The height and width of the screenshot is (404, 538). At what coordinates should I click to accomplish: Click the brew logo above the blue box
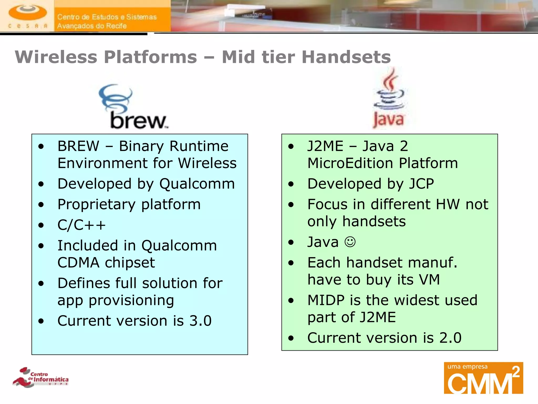click(x=133, y=107)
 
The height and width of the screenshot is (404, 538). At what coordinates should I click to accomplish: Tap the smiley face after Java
click(x=350, y=242)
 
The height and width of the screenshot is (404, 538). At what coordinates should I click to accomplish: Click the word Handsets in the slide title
click(x=346, y=57)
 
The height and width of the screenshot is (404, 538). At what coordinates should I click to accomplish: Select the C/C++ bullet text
click(x=81, y=225)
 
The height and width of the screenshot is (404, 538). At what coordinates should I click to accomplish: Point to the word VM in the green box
click(x=429, y=280)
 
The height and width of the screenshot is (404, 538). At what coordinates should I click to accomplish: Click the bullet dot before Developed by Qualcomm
click(x=41, y=184)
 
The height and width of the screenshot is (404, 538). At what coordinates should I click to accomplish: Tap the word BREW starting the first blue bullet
click(x=78, y=146)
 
